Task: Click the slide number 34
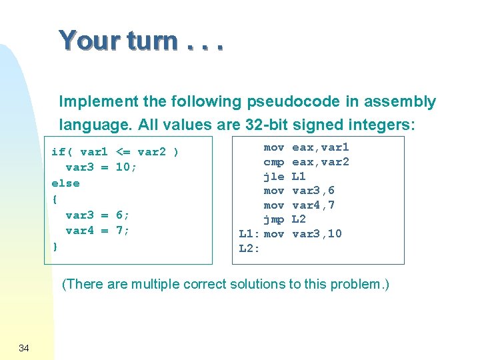coord(24,347)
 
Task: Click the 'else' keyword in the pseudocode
coord(65,183)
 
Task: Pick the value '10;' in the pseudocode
coord(126,167)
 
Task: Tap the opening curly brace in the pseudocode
coord(55,199)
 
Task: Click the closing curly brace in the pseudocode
coord(55,247)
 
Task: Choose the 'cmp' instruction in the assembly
coord(274,162)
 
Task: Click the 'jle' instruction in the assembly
coord(274,177)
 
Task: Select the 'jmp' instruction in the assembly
coord(274,219)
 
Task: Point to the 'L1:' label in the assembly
coord(249,234)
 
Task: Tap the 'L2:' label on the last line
coord(249,249)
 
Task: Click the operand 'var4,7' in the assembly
coord(313,205)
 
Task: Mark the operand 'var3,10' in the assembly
coord(317,234)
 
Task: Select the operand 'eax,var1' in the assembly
coord(321,147)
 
